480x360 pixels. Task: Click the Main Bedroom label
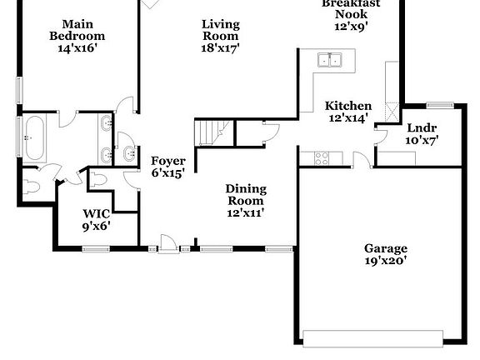point(77,36)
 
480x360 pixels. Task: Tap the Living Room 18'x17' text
point(221,36)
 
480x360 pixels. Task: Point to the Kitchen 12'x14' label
point(347,112)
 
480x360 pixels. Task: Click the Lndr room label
point(421,133)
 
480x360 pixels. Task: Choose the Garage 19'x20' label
point(385,254)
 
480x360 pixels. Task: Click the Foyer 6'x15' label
point(167,167)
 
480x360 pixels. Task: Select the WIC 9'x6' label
point(96,219)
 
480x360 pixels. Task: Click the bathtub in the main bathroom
point(33,138)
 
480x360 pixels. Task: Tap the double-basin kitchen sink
point(331,60)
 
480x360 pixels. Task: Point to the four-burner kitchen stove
point(315,158)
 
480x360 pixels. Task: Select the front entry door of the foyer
point(168,245)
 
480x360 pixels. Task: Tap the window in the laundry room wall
point(439,105)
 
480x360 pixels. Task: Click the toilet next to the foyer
point(97,179)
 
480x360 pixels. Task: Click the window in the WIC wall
point(96,247)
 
